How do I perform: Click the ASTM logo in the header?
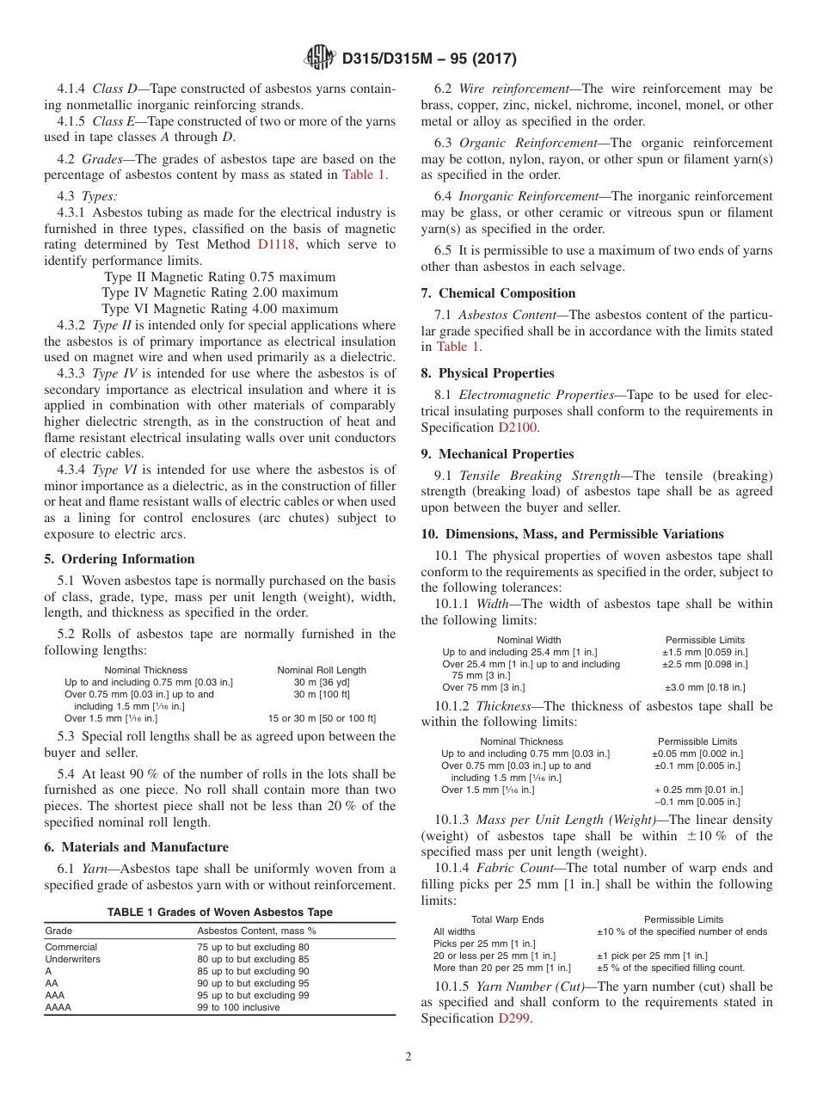pos(320,59)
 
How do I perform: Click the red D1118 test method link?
pos(276,244)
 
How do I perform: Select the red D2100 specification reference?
pos(519,427)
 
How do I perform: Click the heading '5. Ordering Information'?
pos(120,559)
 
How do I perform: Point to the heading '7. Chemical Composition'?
pos(498,293)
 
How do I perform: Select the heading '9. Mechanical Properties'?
pos(497,454)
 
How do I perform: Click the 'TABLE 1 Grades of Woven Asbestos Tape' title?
pos(219,913)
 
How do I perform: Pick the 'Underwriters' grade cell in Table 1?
pos(73,959)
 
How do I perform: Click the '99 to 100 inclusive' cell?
pos(238,1007)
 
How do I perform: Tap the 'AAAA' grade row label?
pos(58,1007)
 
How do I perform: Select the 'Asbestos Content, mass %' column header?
pos(257,931)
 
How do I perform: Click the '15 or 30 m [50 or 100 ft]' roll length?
pos(322,718)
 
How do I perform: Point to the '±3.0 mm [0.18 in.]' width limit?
pos(705,687)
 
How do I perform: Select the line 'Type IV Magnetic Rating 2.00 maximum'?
pos(219,293)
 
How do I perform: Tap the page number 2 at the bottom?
pos(408,1057)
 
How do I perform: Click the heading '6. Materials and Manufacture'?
pos(136,847)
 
